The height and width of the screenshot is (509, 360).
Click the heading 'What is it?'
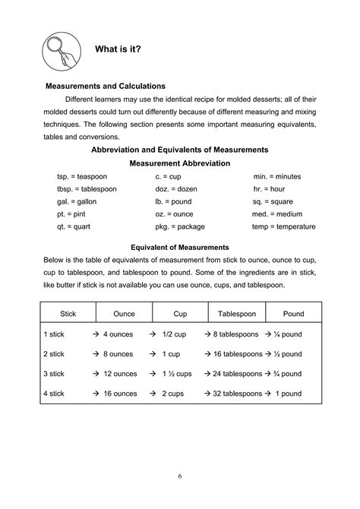point(118,49)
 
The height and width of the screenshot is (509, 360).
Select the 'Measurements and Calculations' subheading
point(106,86)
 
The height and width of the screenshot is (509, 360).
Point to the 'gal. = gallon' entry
point(81,202)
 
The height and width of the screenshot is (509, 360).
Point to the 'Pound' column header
point(293,313)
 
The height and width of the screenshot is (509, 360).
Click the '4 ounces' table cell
point(118,334)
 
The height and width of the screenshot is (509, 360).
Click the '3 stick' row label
point(55,374)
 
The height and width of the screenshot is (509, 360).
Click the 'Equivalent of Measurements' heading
point(180,248)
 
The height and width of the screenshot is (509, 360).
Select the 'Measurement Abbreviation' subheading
point(180,163)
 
